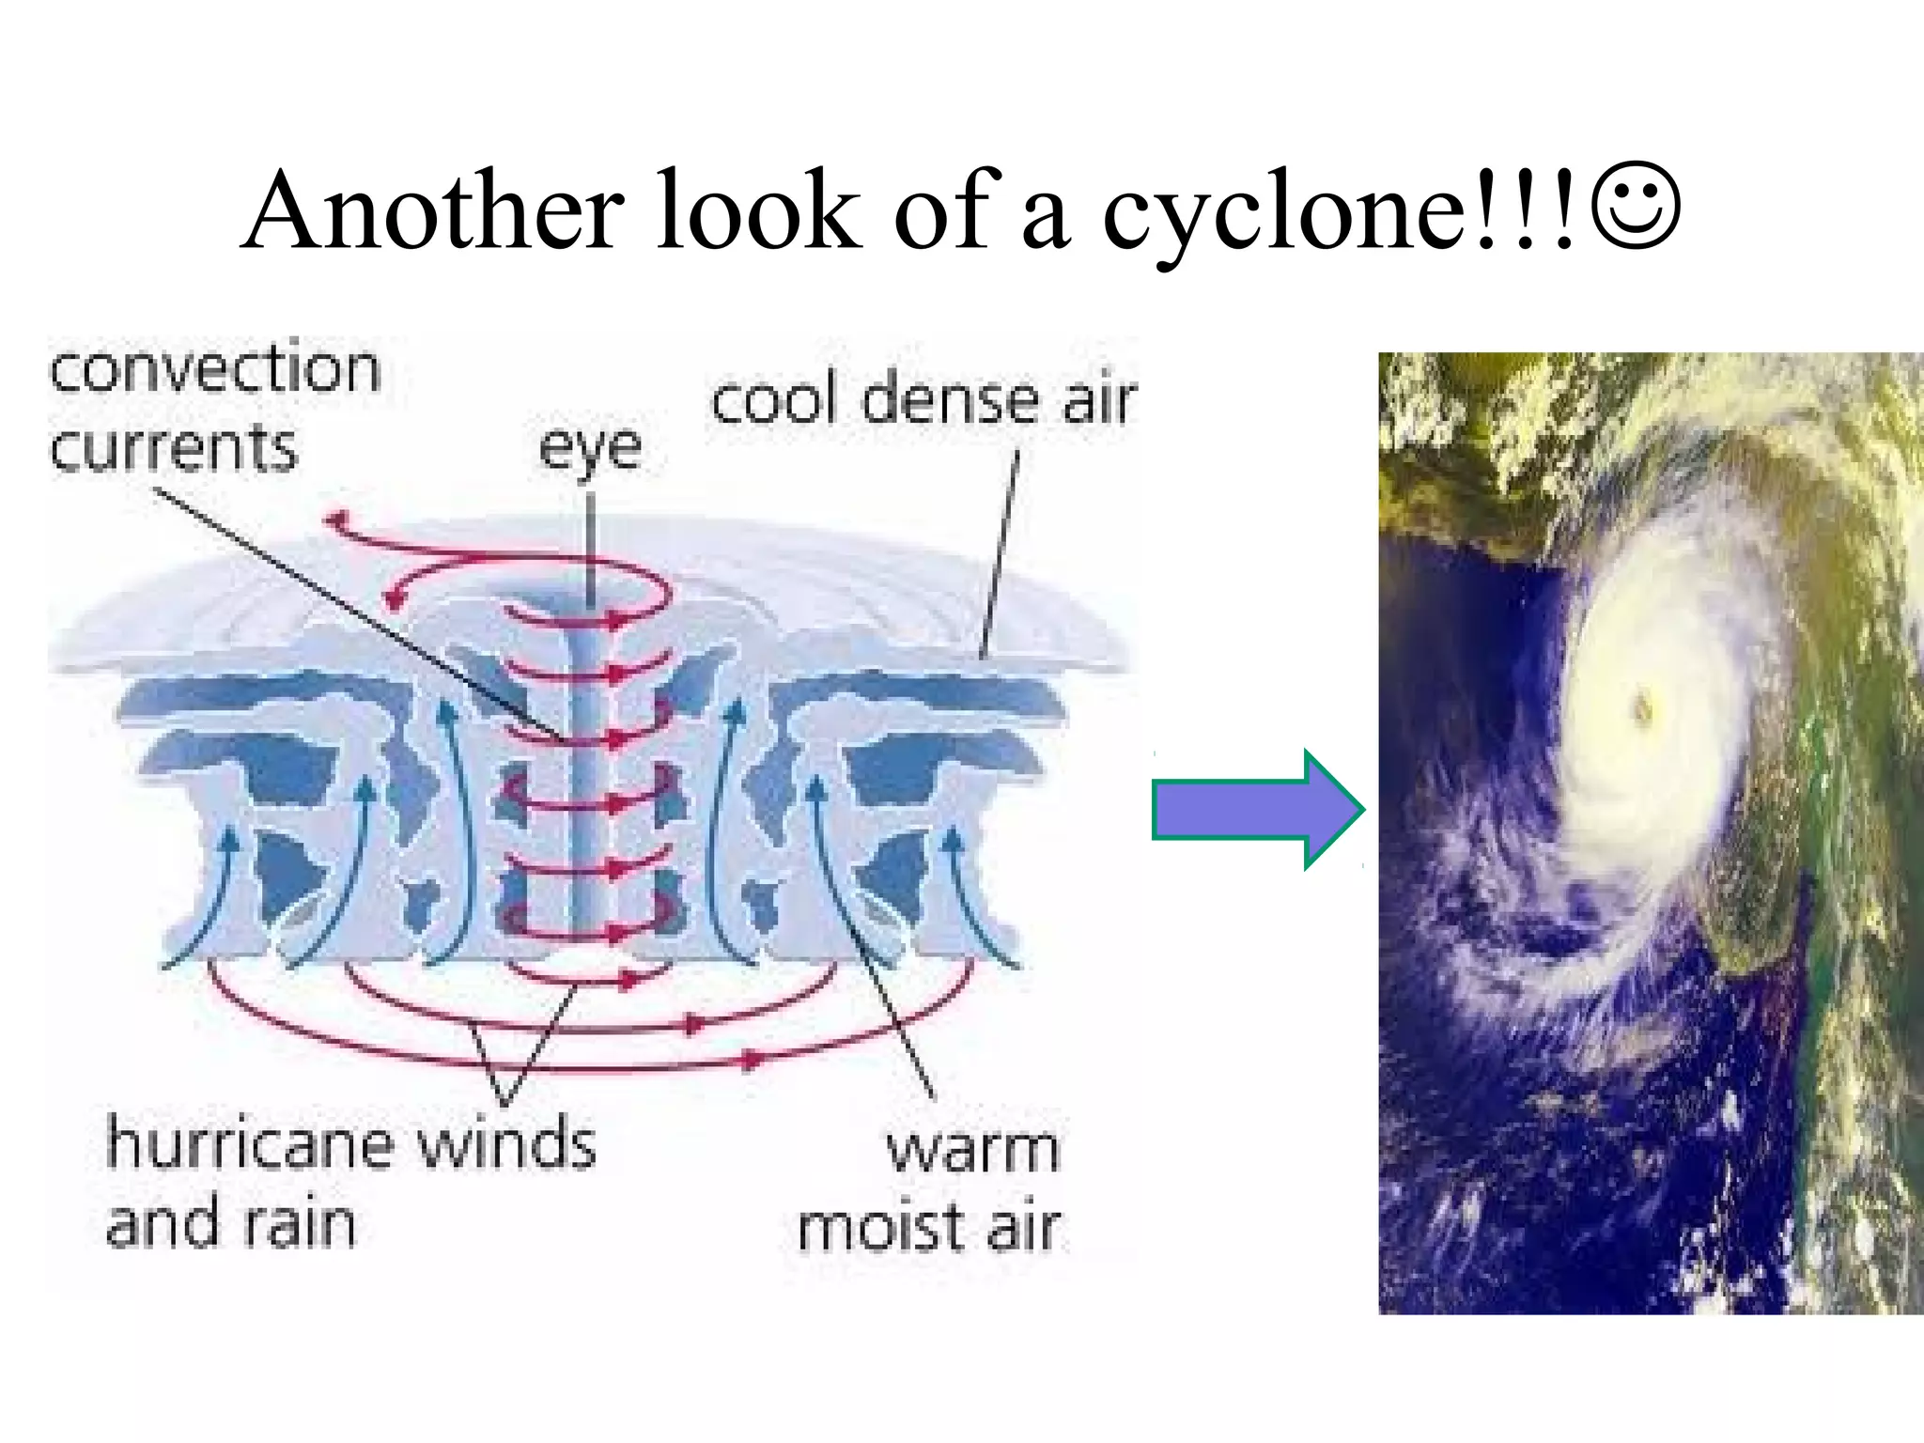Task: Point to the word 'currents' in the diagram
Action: tap(174, 448)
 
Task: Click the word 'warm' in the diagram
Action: tap(973, 1150)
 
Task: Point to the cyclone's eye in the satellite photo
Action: tap(1643, 706)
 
